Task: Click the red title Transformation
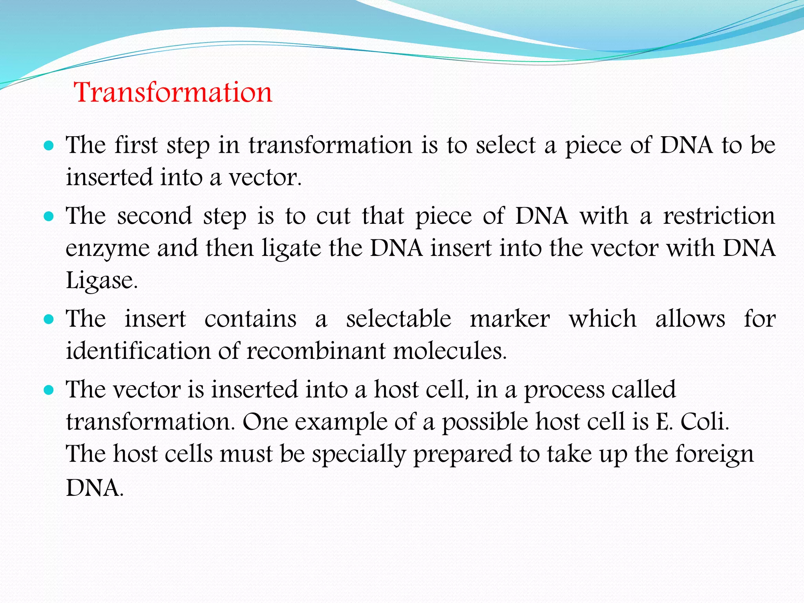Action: point(173,93)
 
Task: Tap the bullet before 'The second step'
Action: point(49,217)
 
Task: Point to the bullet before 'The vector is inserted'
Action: point(49,390)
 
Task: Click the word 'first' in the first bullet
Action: point(136,145)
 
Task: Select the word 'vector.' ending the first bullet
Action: point(265,177)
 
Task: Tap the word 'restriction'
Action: point(719,216)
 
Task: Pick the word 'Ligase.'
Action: point(102,281)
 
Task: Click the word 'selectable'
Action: point(398,318)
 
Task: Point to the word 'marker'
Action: point(510,318)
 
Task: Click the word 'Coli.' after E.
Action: point(704,422)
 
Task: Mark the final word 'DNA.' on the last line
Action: point(95,488)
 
